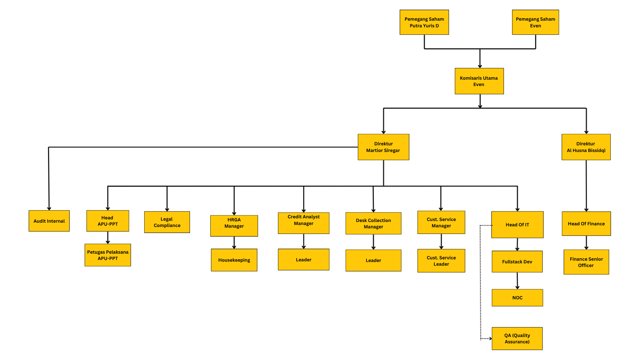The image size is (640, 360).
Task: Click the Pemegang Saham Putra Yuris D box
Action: tap(424, 22)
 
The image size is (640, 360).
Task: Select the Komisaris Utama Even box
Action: tap(479, 81)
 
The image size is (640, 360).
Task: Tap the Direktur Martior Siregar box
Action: tap(383, 147)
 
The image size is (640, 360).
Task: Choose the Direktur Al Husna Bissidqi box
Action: tap(586, 147)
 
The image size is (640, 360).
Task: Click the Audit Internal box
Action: tap(49, 221)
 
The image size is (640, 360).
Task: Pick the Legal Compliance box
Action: tap(167, 222)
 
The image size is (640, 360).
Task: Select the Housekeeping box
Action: tap(234, 260)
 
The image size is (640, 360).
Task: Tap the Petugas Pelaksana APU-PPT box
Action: tap(108, 255)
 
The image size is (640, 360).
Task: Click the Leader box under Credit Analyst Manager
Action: tap(303, 260)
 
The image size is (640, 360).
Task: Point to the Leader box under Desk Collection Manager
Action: tap(373, 260)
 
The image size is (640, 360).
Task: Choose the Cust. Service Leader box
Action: tap(441, 261)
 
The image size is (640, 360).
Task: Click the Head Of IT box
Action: tap(517, 225)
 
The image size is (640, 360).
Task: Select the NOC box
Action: tap(517, 298)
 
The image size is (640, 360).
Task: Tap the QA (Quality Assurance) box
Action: tap(517, 339)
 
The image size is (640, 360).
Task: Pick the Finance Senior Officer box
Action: tap(586, 262)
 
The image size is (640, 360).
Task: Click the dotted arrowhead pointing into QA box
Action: tap(490, 339)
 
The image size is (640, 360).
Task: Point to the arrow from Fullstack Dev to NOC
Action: tap(517, 281)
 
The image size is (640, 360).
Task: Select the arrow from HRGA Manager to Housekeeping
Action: tap(234, 243)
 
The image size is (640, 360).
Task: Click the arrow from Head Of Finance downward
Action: tap(586, 243)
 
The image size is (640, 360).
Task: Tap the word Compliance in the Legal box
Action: tap(167, 226)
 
